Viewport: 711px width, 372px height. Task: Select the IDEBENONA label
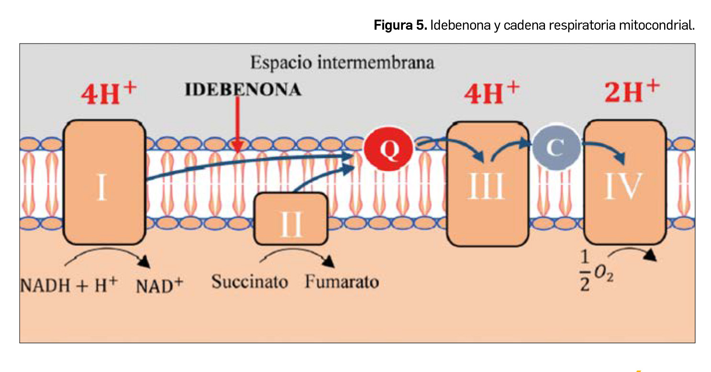pos(243,90)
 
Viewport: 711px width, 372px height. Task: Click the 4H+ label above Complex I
pos(109,94)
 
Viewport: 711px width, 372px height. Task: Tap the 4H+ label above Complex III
pos(492,93)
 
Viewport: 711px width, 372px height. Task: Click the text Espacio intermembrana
pos(343,63)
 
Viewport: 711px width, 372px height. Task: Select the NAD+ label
pos(159,285)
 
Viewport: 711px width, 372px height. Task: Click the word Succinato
pos(250,282)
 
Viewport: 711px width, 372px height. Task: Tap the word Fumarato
pos(342,282)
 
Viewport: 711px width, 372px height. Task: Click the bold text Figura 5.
pos(400,25)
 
